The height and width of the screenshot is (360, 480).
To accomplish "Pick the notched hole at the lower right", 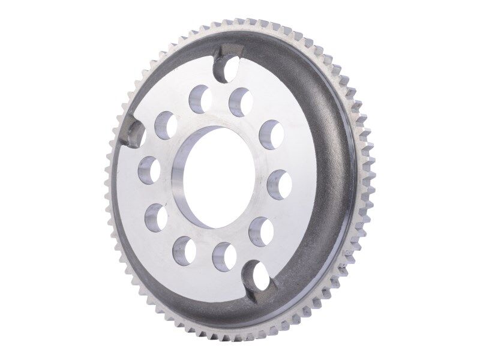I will point(262,276).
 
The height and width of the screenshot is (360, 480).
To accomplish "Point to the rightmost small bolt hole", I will point(279,184).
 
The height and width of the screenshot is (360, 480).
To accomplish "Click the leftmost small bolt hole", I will point(149,170).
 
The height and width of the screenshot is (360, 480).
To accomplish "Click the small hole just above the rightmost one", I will point(271,135).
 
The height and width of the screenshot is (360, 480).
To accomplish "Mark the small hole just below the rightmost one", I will point(261,231).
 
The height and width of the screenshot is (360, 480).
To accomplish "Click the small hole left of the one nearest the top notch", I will point(199,98).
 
